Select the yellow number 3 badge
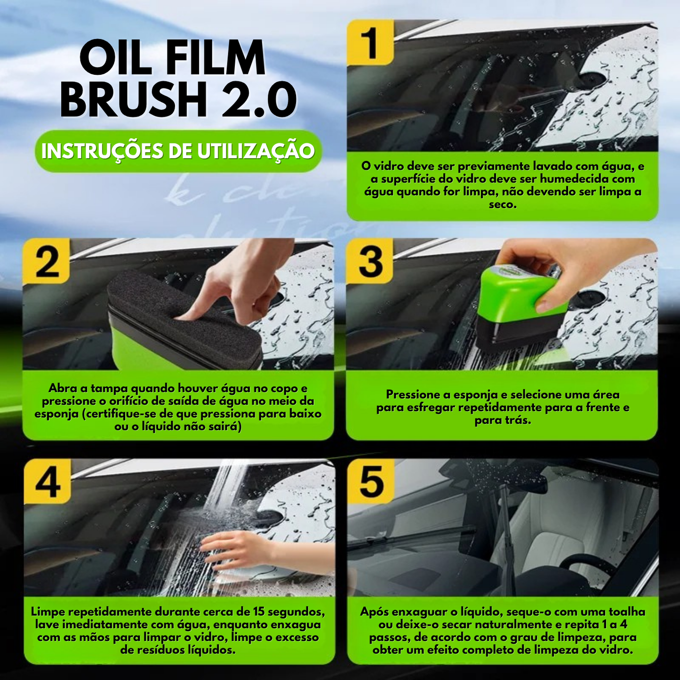coord(370,262)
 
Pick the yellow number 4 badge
coord(48,482)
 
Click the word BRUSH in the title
coord(134,100)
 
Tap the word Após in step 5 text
coord(375,612)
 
